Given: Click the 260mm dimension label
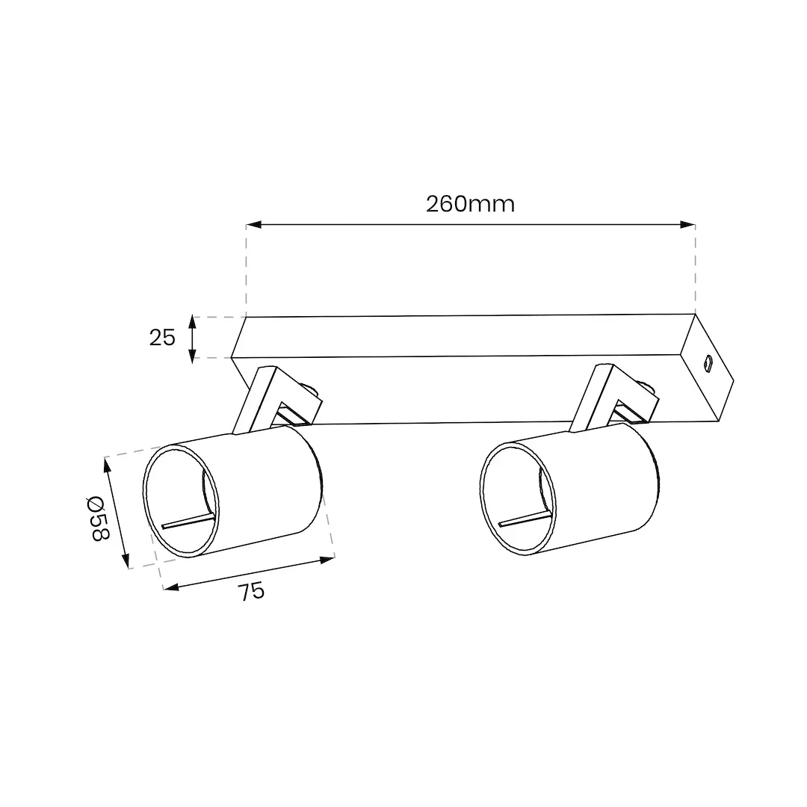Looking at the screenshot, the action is coord(470,204).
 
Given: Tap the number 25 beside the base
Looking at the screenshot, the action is coord(162,338).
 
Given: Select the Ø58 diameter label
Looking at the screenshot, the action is coord(97,518).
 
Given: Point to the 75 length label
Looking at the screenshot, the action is coord(251,592).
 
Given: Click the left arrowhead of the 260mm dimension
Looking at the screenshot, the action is coord(254,224).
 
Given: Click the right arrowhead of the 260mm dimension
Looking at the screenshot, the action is coord(687,224).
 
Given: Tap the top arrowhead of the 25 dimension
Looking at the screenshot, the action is coord(192,322).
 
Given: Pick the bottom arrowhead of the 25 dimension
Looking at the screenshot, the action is coord(192,356).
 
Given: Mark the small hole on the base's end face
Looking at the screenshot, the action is coord(708,363).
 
